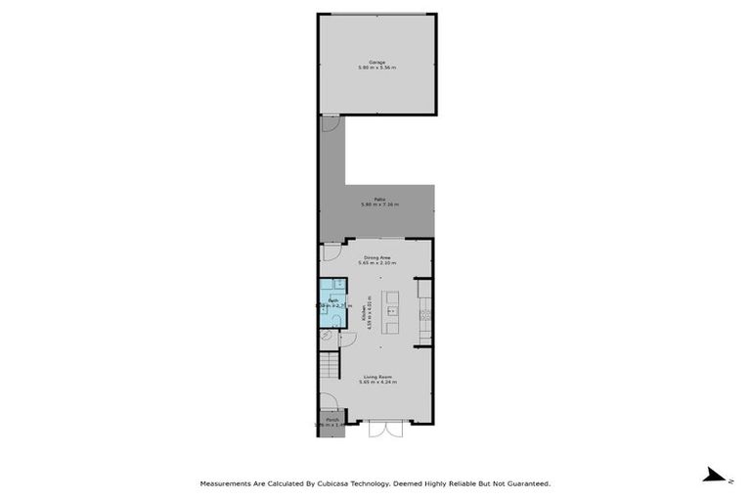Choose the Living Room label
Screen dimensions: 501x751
(x=377, y=376)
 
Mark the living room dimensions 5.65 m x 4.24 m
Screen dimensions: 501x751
(x=377, y=382)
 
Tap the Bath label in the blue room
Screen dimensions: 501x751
(x=331, y=299)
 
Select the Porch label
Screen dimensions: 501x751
(x=332, y=419)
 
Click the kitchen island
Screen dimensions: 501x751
(x=391, y=312)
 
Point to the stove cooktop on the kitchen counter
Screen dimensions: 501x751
(x=423, y=315)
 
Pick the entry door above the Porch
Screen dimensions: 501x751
(x=331, y=401)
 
